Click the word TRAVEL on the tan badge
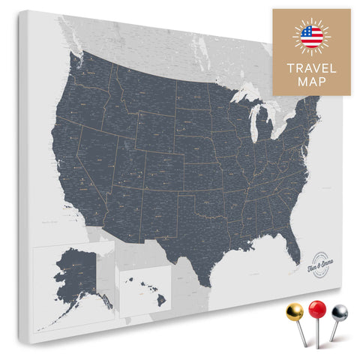click(x=311, y=66)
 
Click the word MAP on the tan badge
click(x=311, y=82)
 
